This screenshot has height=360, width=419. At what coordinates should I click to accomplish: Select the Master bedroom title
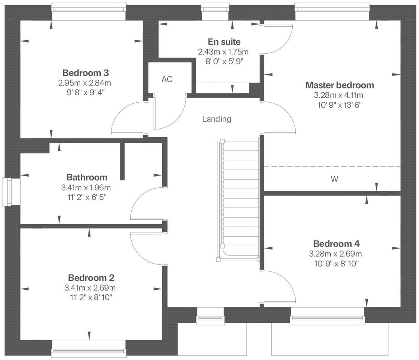pyautogui.click(x=339, y=85)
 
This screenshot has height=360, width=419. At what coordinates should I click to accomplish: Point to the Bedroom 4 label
pyautogui.click(x=336, y=244)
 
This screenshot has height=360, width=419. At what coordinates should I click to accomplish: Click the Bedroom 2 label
pyautogui.click(x=91, y=278)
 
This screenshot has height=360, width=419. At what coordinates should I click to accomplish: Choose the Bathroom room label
pyautogui.click(x=87, y=177)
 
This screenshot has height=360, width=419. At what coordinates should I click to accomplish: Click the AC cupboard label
pyautogui.click(x=167, y=79)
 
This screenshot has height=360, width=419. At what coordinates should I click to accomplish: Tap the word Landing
pyautogui.click(x=217, y=119)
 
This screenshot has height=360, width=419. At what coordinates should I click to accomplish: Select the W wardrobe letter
pyautogui.click(x=334, y=179)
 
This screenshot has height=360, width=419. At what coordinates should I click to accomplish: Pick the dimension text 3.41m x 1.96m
pyautogui.click(x=87, y=187)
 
